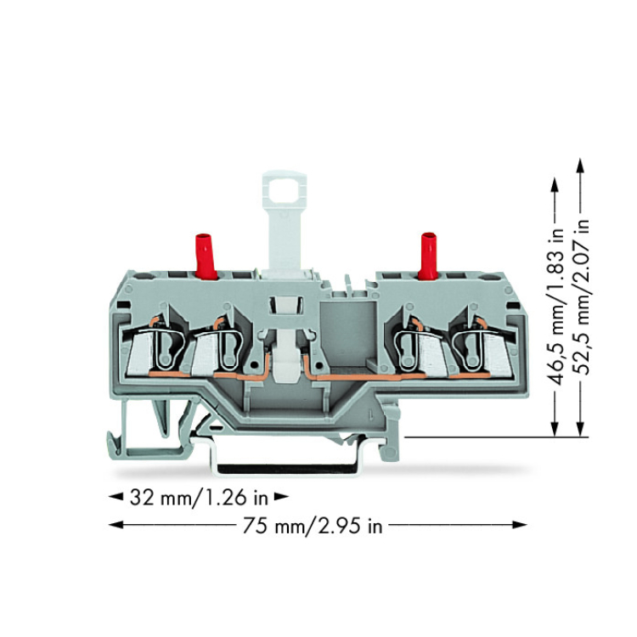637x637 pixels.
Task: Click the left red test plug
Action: click(206, 256)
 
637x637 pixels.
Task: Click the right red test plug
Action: click(429, 256)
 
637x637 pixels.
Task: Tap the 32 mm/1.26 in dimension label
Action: click(199, 497)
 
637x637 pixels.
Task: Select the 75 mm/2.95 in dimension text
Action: click(313, 526)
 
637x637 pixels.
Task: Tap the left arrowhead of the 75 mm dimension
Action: click(116, 525)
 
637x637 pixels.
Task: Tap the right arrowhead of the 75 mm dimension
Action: click(520, 525)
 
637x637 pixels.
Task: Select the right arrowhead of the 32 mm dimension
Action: click(281, 497)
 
